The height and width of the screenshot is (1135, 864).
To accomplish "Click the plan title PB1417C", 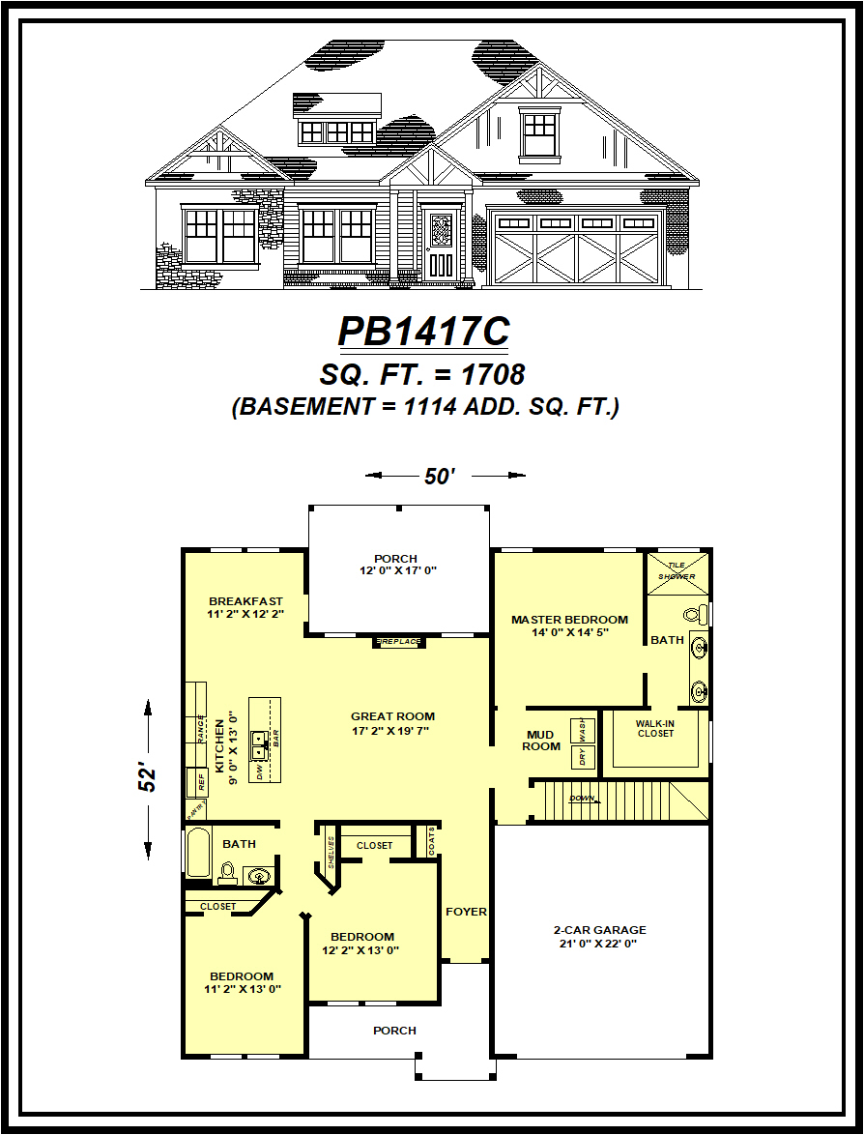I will [x=423, y=332].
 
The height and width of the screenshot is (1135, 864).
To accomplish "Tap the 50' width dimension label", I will [x=439, y=476].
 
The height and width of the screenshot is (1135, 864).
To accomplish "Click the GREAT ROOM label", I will [x=392, y=716].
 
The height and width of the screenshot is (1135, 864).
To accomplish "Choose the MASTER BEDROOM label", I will [x=569, y=620].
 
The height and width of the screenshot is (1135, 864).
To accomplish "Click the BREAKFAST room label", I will [x=245, y=601].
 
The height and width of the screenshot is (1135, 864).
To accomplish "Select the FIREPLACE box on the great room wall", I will [x=397, y=642].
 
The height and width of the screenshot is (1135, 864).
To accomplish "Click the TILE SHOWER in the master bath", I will [x=677, y=571].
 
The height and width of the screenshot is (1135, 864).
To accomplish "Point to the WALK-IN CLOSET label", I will [x=655, y=728].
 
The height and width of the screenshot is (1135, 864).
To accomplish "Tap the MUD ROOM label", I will [x=541, y=741].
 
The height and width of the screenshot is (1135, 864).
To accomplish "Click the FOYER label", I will [x=466, y=912].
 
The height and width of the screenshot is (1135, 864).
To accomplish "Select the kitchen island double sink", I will [x=260, y=742].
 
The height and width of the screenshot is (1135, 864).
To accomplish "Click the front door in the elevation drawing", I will [x=440, y=247].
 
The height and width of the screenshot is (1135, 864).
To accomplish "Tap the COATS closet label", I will [x=430, y=842].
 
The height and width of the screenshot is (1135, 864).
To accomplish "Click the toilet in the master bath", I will [x=693, y=614].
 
